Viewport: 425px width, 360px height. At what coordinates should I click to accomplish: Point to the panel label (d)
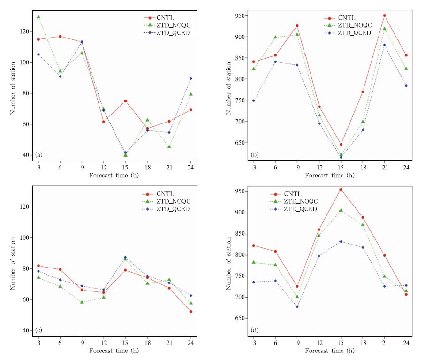(254, 330)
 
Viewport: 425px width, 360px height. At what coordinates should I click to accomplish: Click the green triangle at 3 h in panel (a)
(38, 17)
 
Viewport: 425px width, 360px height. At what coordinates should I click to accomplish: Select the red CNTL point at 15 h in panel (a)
(126, 101)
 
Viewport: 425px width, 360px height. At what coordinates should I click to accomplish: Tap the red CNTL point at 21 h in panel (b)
(384, 15)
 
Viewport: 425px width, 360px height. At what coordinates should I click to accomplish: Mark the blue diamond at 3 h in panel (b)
(254, 100)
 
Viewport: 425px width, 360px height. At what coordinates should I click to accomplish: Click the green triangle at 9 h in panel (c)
(82, 302)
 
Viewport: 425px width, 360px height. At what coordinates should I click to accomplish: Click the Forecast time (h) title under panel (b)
(329, 176)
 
